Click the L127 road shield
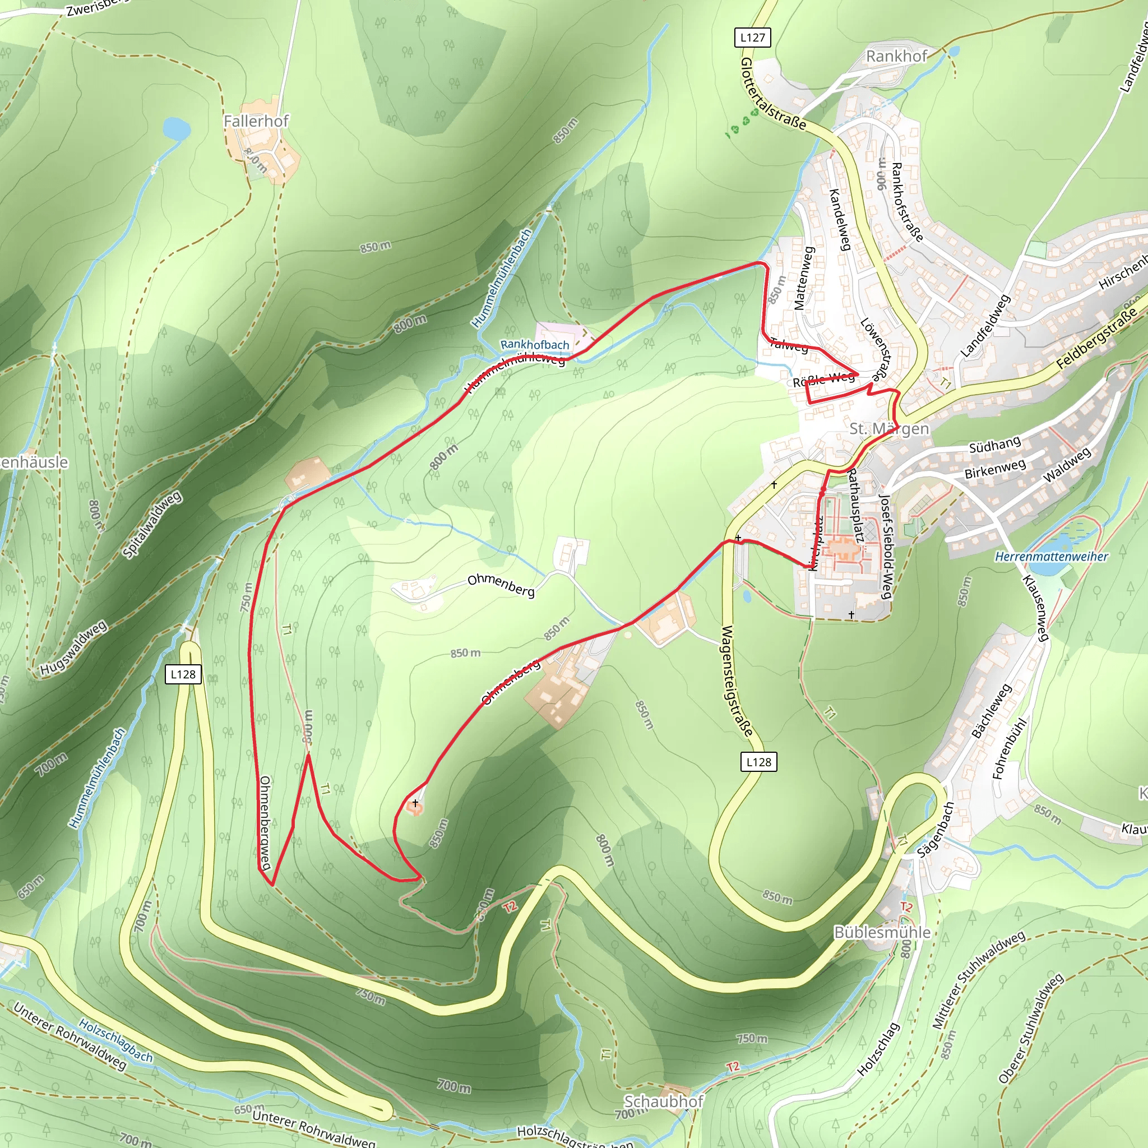pos(752,38)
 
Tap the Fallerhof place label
pos(256,121)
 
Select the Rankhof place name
pos(896,57)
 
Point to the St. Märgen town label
pos(889,428)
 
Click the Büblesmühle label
pos(882,932)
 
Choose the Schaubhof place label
pos(664,1101)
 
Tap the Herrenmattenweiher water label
pos(1051,557)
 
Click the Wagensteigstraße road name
pos(737,681)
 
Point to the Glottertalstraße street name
pos(773,94)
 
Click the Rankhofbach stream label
pos(534,345)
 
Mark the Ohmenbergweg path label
pos(265,822)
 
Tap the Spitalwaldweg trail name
pos(152,524)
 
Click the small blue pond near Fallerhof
pos(177,128)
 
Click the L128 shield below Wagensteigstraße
pos(758,762)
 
